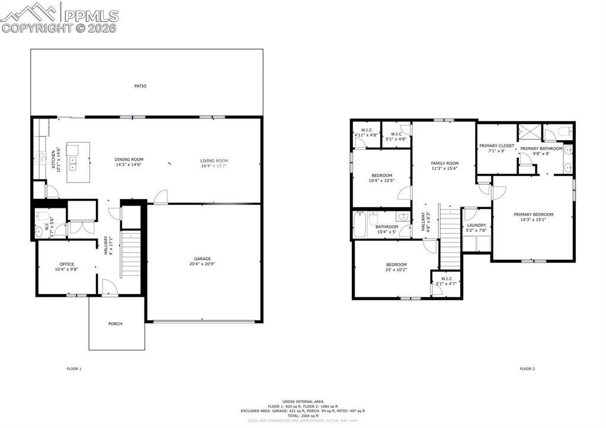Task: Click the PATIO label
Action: pos(140,86)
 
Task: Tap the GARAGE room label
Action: pos(203,259)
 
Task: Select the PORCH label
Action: pos(116,324)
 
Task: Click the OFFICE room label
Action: pos(66,264)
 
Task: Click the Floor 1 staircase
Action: pos(130,255)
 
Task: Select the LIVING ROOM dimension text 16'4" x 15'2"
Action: pos(214,165)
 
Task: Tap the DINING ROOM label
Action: pos(129,159)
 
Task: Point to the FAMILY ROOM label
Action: pos(444,163)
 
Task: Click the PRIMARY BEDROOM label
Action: pos(533,214)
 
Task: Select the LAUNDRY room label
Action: pos(476,225)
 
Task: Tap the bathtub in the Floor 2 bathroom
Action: pos(360,225)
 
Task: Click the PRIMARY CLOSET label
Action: pos(496,146)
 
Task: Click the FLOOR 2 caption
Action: pos(527,369)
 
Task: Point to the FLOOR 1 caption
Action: pos(73,369)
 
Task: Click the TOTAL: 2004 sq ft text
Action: pos(302,416)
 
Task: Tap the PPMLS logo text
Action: pos(91,16)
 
